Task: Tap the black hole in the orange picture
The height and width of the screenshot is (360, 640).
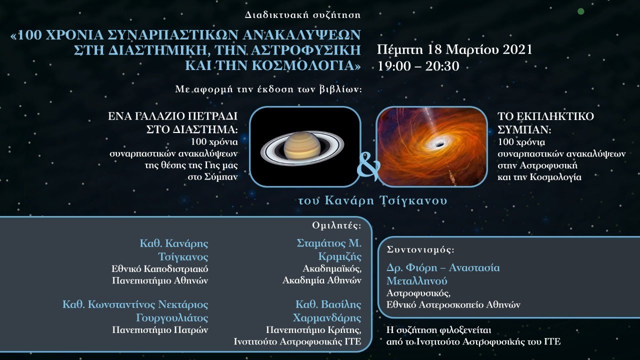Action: tap(439, 144)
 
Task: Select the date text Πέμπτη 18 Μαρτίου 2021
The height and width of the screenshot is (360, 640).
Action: tap(454, 50)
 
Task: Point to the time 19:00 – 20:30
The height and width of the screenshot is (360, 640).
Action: tap(418, 66)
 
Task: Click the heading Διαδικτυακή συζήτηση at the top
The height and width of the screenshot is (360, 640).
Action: tap(302, 15)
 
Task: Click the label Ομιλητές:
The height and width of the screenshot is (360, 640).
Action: tap(336, 225)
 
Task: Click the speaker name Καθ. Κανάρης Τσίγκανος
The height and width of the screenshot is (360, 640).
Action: tap(173, 249)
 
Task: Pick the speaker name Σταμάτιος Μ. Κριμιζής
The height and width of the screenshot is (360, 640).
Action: tap(328, 249)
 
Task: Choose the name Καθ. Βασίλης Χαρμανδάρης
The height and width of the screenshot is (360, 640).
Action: tap(327, 311)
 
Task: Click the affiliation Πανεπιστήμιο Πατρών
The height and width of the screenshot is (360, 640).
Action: tap(159, 330)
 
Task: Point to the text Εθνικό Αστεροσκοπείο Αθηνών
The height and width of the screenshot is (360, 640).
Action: tap(453, 304)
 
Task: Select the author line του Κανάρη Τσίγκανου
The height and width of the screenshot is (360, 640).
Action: tap(372, 201)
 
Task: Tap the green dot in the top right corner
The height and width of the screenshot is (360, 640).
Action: tap(580, 11)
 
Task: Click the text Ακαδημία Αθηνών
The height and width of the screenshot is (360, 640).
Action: tap(321, 280)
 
